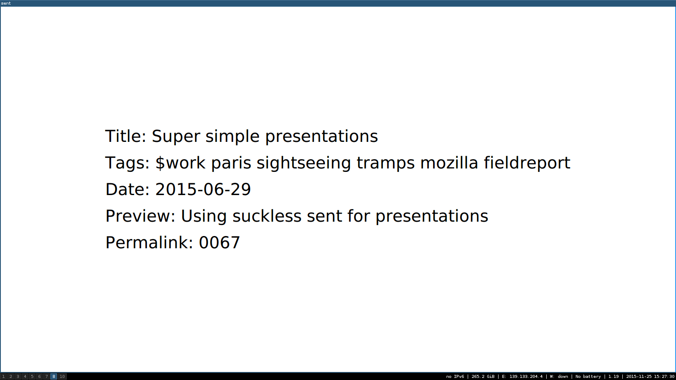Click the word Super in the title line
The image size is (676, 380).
pos(176,137)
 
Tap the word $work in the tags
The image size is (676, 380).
pos(180,163)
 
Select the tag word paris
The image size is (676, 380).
pos(231,163)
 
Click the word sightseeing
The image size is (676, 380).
pos(304,163)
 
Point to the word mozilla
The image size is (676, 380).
pos(450,163)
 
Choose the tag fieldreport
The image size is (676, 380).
pos(527,163)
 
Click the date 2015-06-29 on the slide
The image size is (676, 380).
pos(203,190)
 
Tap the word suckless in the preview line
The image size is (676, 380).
pos(267,216)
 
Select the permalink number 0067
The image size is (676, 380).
pos(219,242)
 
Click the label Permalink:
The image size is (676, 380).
pos(150,242)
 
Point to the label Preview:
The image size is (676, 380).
pos(140,216)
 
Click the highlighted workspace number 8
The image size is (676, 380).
pos(54,376)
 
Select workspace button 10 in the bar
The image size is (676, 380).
pos(62,376)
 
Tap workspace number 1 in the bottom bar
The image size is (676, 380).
pos(3,376)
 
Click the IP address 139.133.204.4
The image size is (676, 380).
pos(526,376)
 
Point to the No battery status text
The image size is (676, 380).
pos(588,376)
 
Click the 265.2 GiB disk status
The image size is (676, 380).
pos(483,376)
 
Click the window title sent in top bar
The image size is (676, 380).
pos(6,3)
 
